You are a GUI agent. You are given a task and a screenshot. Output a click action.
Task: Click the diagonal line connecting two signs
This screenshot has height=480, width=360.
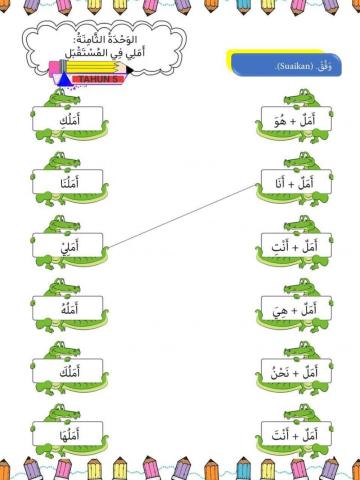[180, 214]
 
